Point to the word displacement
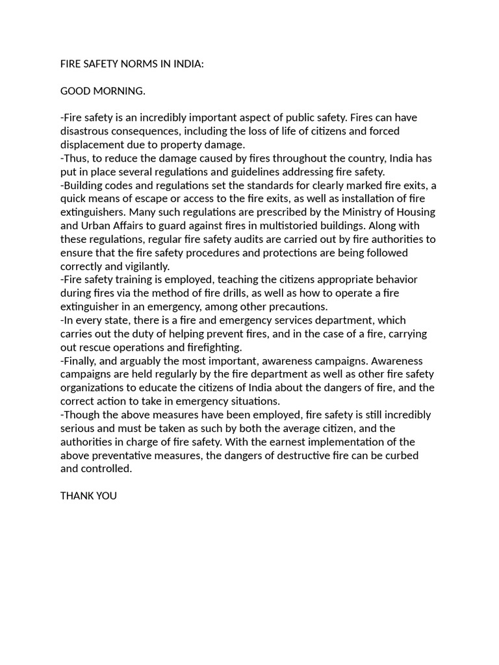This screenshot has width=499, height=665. click(91, 145)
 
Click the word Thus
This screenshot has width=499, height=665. click(75, 158)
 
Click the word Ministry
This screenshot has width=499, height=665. click(346, 212)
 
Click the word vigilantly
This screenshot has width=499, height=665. click(144, 266)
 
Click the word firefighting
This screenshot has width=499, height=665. click(214, 347)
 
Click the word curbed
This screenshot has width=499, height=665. click(402, 456)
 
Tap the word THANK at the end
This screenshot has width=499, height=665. click(75, 496)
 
